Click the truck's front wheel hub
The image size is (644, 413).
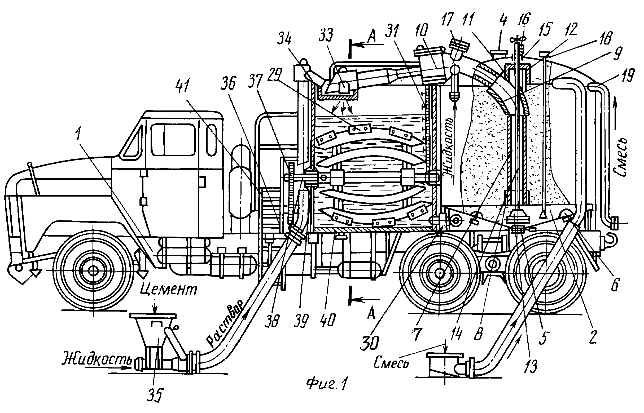(x=93, y=270)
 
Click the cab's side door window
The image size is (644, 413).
(x=173, y=139)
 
